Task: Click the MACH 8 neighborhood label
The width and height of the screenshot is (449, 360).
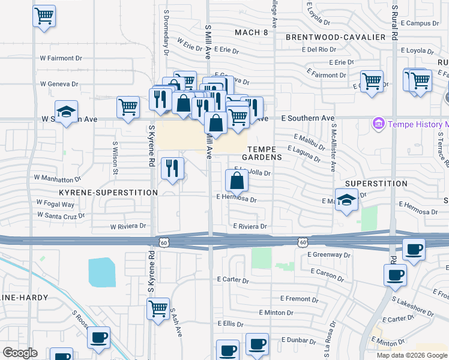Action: tap(252, 32)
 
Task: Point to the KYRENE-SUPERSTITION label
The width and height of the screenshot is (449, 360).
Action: tap(108, 193)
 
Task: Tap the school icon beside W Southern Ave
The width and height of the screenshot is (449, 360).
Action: tap(67, 112)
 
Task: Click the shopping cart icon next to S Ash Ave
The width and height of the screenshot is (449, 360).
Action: tap(158, 310)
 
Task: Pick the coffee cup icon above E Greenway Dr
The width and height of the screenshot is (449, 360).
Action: tap(413, 250)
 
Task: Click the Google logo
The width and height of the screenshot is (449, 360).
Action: tap(20, 353)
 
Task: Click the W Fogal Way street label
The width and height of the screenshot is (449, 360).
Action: tap(56, 203)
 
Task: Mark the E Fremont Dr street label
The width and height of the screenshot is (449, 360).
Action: tap(295, 298)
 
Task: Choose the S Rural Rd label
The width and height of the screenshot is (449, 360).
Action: tap(395, 23)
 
